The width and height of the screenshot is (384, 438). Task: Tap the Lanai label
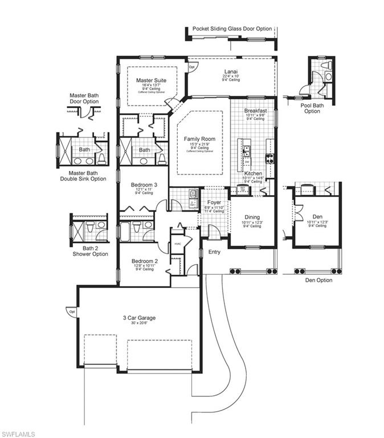tap(231, 72)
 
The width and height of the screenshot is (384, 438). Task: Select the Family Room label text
tap(199, 139)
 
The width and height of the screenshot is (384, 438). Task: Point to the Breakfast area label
tap(255, 111)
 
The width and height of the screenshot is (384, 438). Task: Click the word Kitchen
tap(253, 173)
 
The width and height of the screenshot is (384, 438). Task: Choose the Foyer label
tap(214, 202)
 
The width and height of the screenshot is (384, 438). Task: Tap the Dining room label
tap(252, 217)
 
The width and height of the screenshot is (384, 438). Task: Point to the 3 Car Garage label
tap(139, 318)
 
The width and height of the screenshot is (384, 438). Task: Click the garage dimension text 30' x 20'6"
tap(139, 323)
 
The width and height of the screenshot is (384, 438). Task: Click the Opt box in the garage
tap(72, 312)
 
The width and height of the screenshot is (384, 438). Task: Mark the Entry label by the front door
tap(214, 252)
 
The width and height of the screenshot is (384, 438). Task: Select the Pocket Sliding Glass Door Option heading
tap(232, 29)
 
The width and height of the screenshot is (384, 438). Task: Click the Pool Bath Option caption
tap(312, 108)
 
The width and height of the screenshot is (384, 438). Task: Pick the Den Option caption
tap(318, 280)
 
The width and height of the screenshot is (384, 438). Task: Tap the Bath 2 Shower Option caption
tap(88, 250)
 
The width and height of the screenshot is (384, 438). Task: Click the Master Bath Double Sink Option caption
tap(83, 176)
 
